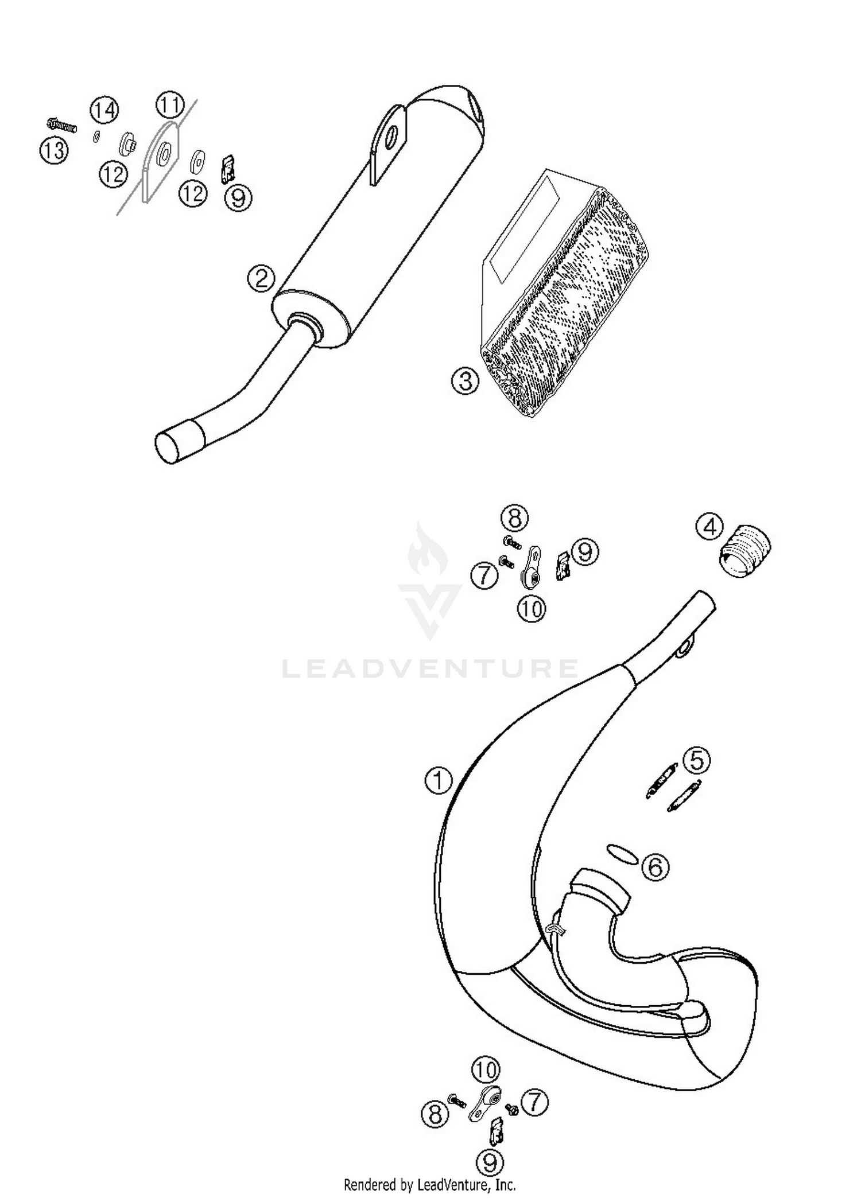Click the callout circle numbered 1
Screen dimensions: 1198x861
tap(439, 780)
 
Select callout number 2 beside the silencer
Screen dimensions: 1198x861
tap(261, 279)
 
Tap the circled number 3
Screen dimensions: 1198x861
tap(465, 380)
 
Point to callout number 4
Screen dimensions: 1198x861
tap(710, 526)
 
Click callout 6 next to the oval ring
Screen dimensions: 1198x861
tap(655, 866)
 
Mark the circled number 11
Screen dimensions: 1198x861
tap(170, 106)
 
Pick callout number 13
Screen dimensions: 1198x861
tap(54, 151)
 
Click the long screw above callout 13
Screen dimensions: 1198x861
tap(62, 125)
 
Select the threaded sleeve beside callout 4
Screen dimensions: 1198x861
tap(745, 550)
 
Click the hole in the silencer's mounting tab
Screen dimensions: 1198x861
tap(391, 136)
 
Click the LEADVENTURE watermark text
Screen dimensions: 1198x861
tap(430, 668)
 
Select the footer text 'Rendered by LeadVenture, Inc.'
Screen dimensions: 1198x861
tap(429, 1184)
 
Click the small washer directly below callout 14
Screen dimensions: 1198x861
tap(96, 136)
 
